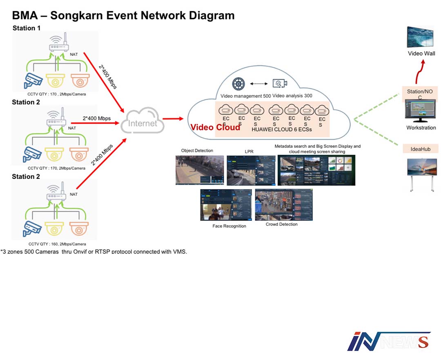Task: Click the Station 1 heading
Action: [27, 28]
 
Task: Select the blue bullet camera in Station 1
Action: [31, 80]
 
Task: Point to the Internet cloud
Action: [142, 122]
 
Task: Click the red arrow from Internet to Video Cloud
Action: [173, 119]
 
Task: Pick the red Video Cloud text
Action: [215, 127]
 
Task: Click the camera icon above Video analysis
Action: [280, 83]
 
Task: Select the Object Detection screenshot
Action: [200, 170]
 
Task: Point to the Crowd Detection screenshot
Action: [283, 205]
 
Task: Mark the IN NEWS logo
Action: [389, 341]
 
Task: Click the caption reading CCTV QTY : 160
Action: [57, 244]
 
